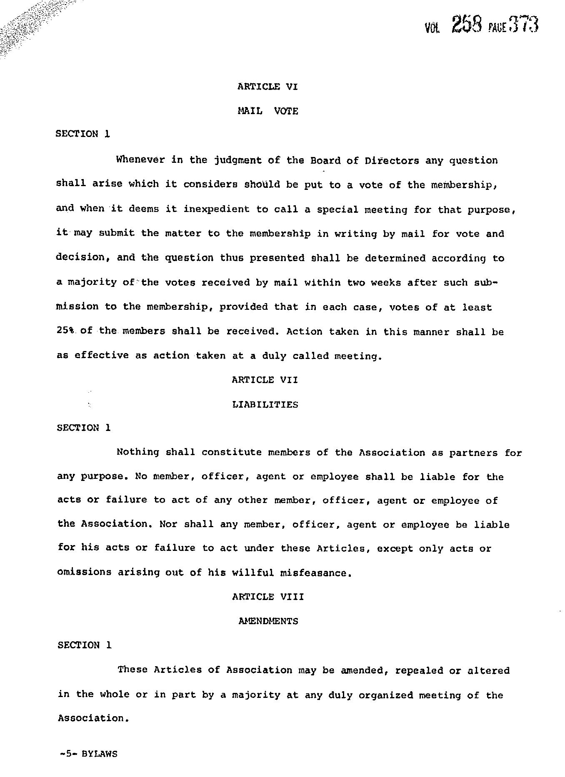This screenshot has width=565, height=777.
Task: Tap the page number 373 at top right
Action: coord(524,25)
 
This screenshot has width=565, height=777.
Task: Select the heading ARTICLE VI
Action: coord(267,87)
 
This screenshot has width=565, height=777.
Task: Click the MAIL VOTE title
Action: coord(267,111)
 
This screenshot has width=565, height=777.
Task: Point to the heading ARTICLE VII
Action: coord(265,380)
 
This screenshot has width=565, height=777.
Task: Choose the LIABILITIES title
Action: coord(265,405)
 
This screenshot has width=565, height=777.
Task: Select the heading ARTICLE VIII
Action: coord(268,597)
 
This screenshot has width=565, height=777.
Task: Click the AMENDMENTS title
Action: coord(268,621)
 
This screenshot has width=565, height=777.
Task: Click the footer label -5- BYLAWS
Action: coord(88,754)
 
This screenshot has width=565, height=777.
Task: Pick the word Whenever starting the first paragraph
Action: coord(140,160)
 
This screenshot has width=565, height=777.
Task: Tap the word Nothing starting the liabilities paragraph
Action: coord(138,452)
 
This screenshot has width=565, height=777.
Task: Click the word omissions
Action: coord(85,573)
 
